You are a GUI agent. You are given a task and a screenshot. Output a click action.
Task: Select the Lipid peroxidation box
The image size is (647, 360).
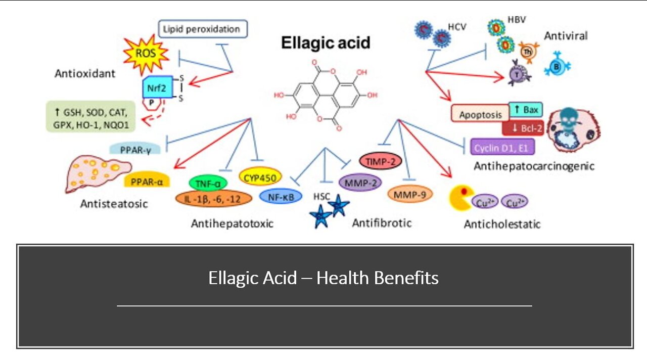click(x=203, y=29)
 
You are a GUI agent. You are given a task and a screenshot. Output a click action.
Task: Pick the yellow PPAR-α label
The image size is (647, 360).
click(x=147, y=181)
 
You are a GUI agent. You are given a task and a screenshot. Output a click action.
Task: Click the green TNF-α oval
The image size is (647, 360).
click(x=208, y=183)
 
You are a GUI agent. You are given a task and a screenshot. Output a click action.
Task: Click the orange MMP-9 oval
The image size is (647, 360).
click(x=409, y=194)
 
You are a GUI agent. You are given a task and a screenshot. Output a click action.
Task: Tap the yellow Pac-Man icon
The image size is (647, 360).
click(x=461, y=198)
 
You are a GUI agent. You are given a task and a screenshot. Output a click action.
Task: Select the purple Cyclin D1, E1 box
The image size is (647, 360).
click(x=502, y=147)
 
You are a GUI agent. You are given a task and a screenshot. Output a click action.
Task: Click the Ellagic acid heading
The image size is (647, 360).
click(x=326, y=42)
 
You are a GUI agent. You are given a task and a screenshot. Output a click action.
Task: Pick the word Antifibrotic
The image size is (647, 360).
click(x=382, y=222)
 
